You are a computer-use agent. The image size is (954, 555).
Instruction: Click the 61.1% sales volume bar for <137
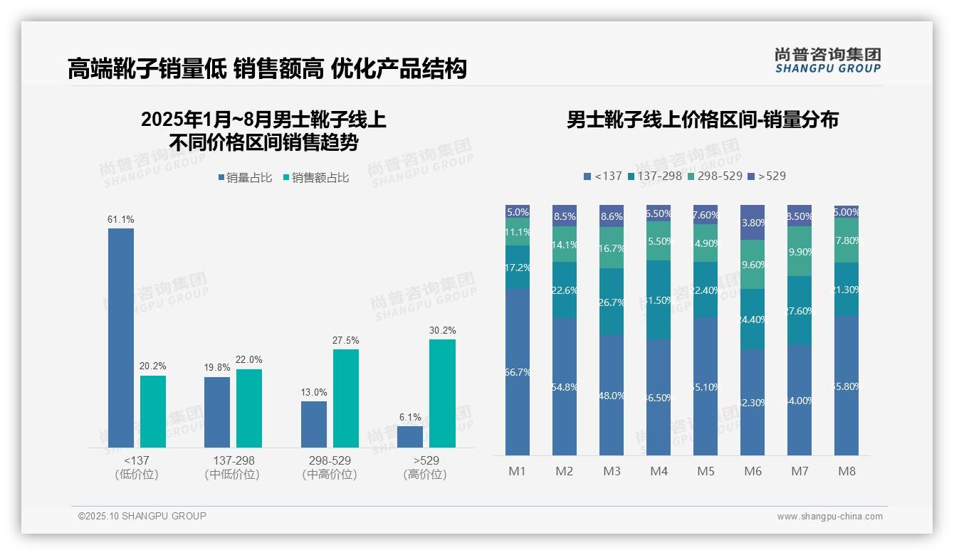[121, 337]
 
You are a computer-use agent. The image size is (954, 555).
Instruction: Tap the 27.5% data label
[345, 340]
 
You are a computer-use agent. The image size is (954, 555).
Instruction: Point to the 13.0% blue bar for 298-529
[314, 424]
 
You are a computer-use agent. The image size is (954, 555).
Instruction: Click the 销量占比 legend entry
[245, 178]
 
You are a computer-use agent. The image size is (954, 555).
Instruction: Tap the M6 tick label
[753, 471]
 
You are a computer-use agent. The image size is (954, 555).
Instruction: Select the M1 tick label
[517, 471]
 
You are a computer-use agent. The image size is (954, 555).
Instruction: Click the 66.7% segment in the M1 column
[518, 371]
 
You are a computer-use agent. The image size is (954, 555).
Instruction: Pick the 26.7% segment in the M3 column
[612, 302]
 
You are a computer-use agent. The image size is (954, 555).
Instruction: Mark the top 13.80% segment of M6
[753, 222]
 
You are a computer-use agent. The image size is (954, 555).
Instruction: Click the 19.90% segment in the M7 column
[800, 251]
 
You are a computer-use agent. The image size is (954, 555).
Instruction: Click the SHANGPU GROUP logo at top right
[827, 60]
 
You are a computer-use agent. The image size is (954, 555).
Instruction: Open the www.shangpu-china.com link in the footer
[829, 517]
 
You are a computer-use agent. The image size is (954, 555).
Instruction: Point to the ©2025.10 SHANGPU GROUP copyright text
[142, 516]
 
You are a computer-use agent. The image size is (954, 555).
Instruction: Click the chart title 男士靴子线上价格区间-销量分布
[702, 120]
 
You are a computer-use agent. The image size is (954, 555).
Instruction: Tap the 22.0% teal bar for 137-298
[249, 408]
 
